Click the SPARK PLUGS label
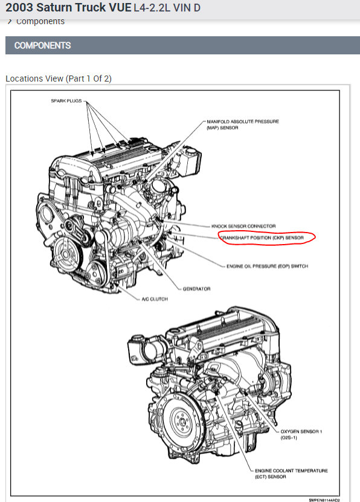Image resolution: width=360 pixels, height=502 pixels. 66,101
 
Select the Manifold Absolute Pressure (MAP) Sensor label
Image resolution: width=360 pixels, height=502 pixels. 243,124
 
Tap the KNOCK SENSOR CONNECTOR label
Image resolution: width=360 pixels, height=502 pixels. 243,226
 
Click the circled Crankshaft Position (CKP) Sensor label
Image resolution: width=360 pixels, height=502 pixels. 262,238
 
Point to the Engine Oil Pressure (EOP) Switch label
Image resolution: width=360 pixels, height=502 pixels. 267,266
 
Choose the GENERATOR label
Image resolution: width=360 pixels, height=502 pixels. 196,289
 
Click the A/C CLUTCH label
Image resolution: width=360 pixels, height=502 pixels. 155,299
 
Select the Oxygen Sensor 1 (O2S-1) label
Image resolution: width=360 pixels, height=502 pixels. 301,434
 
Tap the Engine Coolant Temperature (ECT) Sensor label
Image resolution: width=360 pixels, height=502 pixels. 291,474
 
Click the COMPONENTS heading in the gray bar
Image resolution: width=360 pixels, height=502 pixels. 42,45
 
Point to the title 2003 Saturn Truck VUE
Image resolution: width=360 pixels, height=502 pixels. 68,7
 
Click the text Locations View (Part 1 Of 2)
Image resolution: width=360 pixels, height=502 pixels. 59,79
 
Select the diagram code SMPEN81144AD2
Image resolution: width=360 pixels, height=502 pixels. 324,500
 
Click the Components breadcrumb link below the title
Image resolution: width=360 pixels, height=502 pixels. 40,22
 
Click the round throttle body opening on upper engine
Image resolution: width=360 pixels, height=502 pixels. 158,185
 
